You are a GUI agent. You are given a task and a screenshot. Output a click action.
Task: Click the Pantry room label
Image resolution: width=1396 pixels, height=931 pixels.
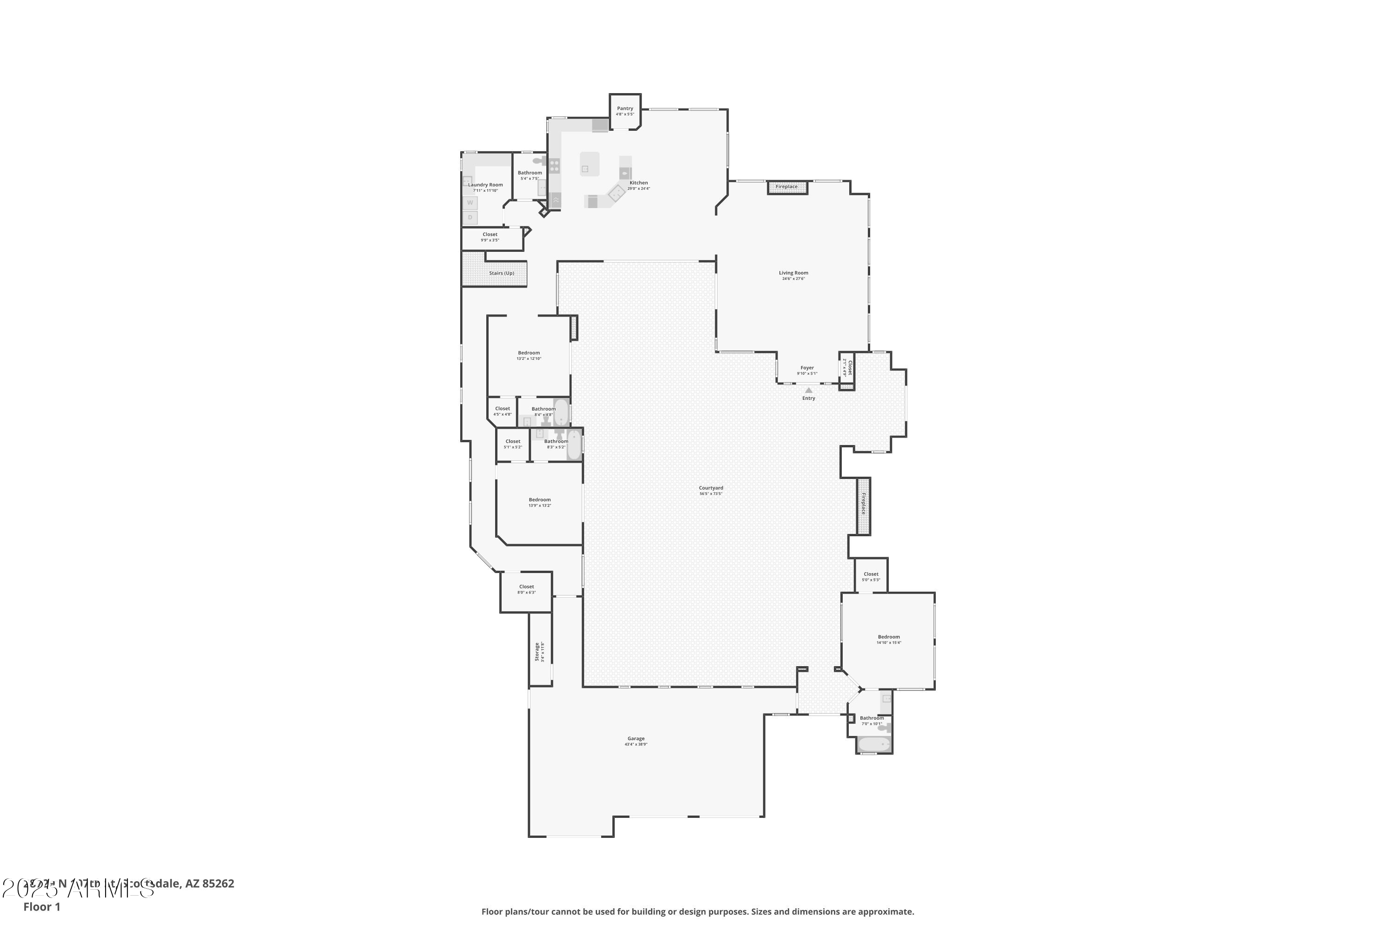pyautogui.click(x=625, y=108)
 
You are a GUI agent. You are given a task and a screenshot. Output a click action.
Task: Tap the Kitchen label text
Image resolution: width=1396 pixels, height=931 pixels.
pyautogui.click(x=638, y=183)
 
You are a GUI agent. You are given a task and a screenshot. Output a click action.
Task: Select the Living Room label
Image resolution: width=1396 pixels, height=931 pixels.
pyautogui.click(x=793, y=273)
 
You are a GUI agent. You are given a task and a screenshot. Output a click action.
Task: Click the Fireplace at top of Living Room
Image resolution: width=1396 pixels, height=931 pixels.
pyautogui.click(x=787, y=187)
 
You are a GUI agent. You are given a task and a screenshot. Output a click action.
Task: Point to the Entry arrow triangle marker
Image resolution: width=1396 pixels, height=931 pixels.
pyautogui.click(x=808, y=390)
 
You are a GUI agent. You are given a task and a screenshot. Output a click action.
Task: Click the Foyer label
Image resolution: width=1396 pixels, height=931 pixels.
pyautogui.click(x=807, y=368)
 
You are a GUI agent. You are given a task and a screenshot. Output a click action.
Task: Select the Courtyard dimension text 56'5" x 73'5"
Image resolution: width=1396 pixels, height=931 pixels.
pyautogui.click(x=711, y=493)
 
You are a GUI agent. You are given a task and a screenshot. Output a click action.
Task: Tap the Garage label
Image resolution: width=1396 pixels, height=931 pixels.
pyautogui.click(x=636, y=739)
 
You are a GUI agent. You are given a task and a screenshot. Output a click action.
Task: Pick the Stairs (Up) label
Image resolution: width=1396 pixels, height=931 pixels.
pyautogui.click(x=502, y=273)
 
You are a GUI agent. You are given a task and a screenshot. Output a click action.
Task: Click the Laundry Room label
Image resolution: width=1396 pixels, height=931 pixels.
pyautogui.click(x=485, y=185)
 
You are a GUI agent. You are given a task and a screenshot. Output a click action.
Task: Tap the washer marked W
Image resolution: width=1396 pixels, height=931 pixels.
pyautogui.click(x=470, y=203)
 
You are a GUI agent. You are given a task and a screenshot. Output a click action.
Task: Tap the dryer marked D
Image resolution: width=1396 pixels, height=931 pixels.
pyautogui.click(x=470, y=217)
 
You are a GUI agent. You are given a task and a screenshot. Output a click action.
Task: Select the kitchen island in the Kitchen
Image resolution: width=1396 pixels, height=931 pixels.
pyautogui.click(x=590, y=164)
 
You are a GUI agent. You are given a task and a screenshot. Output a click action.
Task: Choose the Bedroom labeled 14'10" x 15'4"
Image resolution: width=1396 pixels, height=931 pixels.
pyautogui.click(x=888, y=637)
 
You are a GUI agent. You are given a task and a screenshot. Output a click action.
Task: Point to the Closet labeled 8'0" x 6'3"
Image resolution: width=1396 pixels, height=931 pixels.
pyautogui.click(x=526, y=587)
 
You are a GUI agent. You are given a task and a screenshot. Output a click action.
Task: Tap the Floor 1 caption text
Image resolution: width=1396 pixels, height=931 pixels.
pyautogui.click(x=41, y=907)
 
